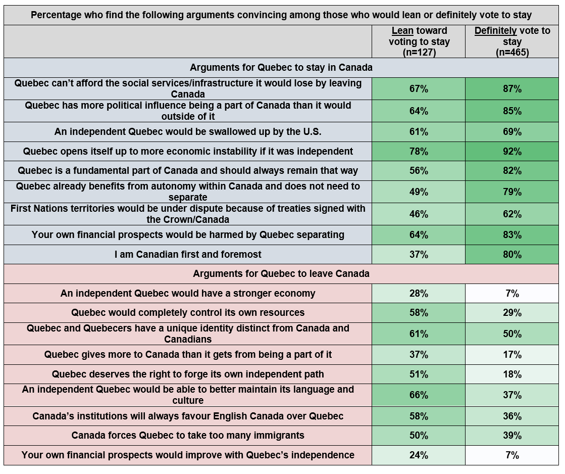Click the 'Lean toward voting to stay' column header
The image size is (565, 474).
pos(419,41)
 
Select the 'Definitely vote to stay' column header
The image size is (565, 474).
pos(512,41)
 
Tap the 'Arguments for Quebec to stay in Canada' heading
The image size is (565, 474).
pos(281,67)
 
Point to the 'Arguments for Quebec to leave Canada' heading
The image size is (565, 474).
pos(281,274)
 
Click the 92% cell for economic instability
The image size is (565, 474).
pos(512,152)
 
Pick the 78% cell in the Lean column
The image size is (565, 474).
pos(419,152)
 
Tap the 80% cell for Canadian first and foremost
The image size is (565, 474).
pos(512,255)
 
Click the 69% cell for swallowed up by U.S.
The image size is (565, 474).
pos(512,132)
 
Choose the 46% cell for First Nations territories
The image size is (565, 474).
pos(419,214)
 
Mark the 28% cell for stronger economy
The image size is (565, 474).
pos(419,294)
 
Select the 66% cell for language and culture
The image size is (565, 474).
pos(419,395)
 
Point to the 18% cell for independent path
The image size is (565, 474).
pos(512,374)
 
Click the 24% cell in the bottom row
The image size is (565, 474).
pos(419,455)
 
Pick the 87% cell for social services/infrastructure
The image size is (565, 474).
pos(512,89)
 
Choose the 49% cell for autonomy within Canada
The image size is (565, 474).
pos(419,192)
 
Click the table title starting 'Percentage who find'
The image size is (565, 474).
pos(281,15)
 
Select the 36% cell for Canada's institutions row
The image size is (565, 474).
pos(512,416)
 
